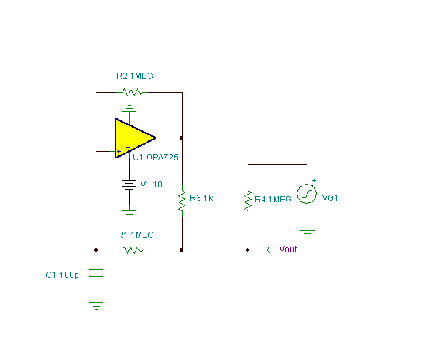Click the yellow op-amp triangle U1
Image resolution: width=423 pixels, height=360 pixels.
[x=134, y=138]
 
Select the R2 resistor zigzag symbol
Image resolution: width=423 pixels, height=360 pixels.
[x=132, y=92]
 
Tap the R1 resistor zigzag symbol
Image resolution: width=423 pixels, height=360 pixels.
[x=133, y=250]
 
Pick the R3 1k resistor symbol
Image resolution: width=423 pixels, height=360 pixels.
[x=182, y=200]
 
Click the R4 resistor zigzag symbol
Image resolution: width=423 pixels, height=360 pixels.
[x=248, y=200]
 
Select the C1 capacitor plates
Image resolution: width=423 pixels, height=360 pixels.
[x=96, y=273]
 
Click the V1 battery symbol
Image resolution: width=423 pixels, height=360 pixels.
[x=129, y=185]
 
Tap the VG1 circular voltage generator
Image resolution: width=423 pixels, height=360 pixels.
[x=307, y=194]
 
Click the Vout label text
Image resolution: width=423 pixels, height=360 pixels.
[x=288, y=250]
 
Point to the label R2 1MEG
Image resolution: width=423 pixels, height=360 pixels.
[x=135, y=76]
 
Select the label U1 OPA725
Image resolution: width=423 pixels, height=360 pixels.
[x=156, y=158]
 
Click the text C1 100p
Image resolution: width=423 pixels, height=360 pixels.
[x=62, y=275]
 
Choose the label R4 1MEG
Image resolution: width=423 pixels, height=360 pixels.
[x=273, y=200]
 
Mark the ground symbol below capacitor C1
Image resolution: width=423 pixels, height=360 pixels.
[x=96, y=306]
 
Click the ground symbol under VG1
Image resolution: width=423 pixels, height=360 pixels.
[x=307, y=234]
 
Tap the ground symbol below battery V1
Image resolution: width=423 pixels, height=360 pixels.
[x=129, y=214]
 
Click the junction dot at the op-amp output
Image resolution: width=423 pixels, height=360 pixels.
[x=182, y=138]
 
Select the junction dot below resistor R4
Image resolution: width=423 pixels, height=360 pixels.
[x=248, y=250]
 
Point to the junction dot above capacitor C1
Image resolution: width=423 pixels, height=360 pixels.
[x=96, y=250]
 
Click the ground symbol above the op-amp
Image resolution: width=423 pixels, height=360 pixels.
[x=129, y=108]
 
